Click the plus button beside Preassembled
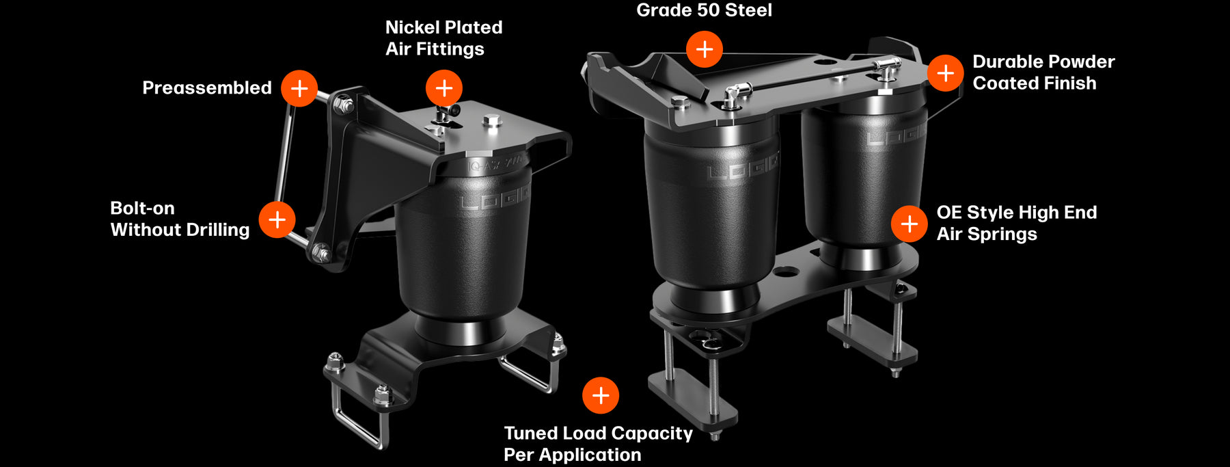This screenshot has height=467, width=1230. coord(299,88)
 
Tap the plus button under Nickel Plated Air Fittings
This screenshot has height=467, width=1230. coord(444,88)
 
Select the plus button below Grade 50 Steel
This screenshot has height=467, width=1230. coord(705,49)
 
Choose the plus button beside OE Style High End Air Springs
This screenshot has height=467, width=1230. coord(910,224)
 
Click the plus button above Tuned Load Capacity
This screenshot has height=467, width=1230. coord(601,395)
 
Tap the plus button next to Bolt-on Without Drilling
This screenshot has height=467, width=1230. coord(277,219)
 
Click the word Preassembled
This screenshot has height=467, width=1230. coord(206,88)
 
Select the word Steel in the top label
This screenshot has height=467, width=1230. coord(750,10)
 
